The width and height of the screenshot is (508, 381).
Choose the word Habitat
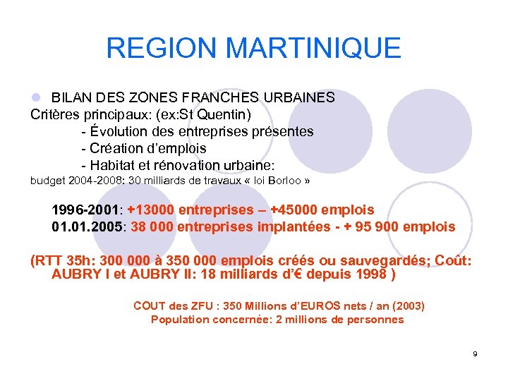[114, 165]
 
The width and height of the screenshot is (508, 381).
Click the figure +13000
[151, 210]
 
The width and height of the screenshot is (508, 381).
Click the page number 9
[475, 353]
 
